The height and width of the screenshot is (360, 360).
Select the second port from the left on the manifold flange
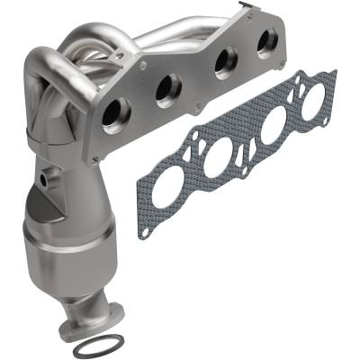[x=168, y=89]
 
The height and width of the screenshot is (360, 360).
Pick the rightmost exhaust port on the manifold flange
[x=266, y=41]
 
